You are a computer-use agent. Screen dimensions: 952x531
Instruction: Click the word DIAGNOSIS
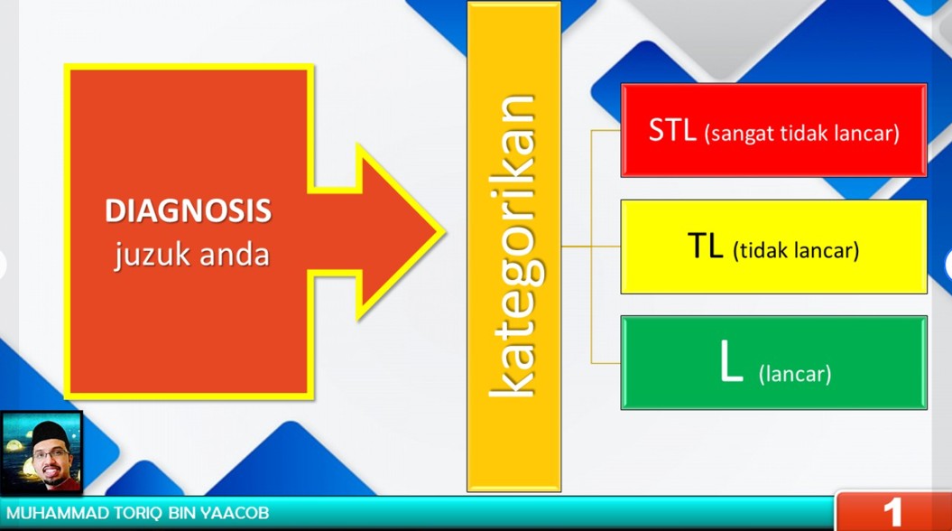pyautogui.click(x=189, y=210)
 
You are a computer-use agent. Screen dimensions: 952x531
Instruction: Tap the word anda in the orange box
pyautogui.click(x=235, y=254)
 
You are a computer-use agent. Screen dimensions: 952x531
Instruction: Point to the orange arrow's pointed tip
pyautogui.click(x=443, y=231)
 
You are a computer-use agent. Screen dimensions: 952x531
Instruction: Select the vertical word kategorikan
pyautogui.click(x=515, y=246)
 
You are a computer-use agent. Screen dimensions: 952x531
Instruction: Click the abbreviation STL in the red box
pyautogui.click(x=672, y=129)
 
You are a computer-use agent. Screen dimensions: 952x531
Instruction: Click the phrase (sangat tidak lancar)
pyautogui.click(x=801, y=133)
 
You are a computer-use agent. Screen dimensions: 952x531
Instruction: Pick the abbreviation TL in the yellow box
pyautogui.click(x=706, y=246)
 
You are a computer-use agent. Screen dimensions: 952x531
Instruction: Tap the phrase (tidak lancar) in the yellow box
pyautogui.click(x=796, y=250)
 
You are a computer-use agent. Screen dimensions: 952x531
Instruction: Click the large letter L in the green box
pyautogui.click(x=731, y=361)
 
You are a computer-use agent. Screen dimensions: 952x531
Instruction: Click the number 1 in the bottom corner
pyautogui.click(x=892, y=513)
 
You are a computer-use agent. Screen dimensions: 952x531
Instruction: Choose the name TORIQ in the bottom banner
pyautogui.click(x=135, y=513)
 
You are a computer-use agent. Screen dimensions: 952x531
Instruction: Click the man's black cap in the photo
pyautogui.click(x=50, y=433)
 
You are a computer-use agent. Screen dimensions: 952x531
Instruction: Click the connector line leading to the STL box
pyautogui.click(x=605, y=130)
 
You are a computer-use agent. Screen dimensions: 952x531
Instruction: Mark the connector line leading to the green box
pyautogui.click(x=605, y=363)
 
